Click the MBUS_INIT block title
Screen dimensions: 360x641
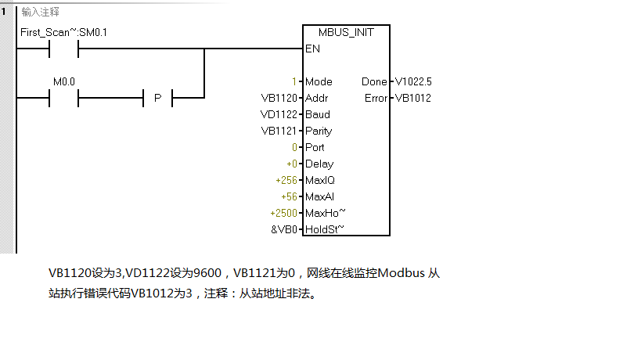(x=345, y=32)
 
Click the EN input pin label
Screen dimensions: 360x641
(x=311, y=49)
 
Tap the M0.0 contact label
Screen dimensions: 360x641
(x=63, y=81)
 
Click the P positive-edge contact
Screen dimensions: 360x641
(x=157, y=98)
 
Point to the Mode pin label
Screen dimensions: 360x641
(x=319, y=81)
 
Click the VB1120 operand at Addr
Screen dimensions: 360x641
(x=279, y=98)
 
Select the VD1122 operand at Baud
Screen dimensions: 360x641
(x=279, y=114)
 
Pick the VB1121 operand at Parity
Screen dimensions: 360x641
(x=279, y=131)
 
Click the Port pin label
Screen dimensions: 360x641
(x=315, y=147)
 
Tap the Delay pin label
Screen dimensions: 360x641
(x=319, y=164)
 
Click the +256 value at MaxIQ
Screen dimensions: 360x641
(x=286, y=180)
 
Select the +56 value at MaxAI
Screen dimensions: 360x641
(x=289, y=196)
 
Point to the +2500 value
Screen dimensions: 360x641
(x=283, y=213)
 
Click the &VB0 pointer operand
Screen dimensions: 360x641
(x=283, y=229)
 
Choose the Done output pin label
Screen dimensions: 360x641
(x=373, y=81)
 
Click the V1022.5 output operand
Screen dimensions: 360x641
(x=413, y=81)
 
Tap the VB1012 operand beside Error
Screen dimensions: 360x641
(x=412, y=98)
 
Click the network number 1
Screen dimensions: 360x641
(x=5, y=12)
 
